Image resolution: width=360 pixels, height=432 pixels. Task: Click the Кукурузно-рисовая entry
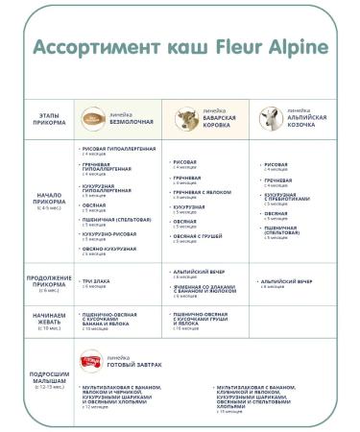tap(108, 233)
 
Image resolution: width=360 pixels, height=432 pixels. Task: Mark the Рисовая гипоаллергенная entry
tap(116, 149)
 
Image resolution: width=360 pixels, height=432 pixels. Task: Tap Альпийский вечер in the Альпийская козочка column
tap(287, 280)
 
